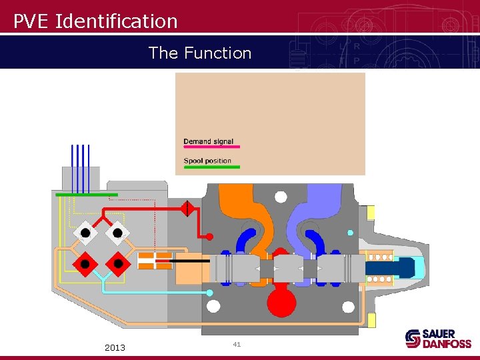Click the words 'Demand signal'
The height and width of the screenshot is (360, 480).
(x=208, y=141)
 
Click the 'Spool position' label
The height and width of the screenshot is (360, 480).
(x=207, y=161)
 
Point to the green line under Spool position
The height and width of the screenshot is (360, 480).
(x=212, y=167)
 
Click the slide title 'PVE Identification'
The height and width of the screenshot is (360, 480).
(x=96, y=21)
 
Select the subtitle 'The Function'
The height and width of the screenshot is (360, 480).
(x=200, y=53)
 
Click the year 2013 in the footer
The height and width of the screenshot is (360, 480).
(x=115, y=347)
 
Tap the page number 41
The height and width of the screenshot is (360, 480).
(x=237, y=344)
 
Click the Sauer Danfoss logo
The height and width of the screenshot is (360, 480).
(x=438, y=339)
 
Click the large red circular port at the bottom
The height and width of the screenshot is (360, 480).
(x=281, y=303)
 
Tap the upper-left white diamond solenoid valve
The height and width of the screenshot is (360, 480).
(x=85, y=232)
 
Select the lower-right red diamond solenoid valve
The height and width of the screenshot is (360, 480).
(x=118, y=263)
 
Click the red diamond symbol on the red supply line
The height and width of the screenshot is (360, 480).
(x=187, y=209)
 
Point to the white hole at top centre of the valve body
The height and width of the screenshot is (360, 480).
(x=281, y=197)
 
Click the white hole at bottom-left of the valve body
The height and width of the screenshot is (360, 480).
(x=213, y=307)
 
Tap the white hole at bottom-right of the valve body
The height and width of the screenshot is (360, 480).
(x=348, y=307)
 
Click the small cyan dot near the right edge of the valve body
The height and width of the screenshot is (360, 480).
(x=351, y=233)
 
